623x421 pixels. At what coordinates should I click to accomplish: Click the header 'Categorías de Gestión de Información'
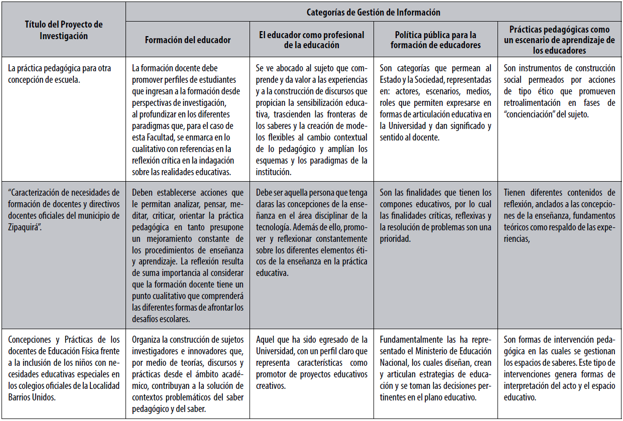point(374,12)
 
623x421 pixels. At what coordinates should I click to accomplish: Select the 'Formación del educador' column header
point(188,40)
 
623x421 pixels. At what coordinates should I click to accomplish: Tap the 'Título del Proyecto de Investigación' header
point(63,30)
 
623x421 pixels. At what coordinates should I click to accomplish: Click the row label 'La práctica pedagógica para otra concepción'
point(60,68)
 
